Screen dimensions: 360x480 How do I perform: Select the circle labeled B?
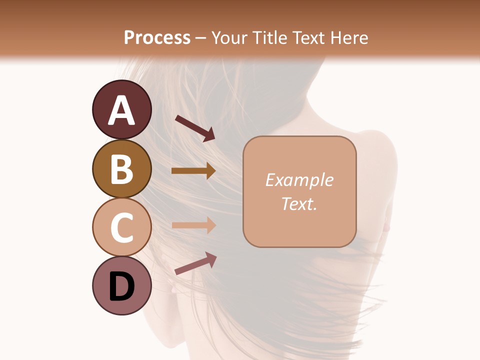point(121,168)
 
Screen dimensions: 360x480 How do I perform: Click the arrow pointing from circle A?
point(195,128)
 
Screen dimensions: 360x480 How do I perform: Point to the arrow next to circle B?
point(193,171)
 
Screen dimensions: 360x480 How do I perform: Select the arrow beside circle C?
point(193,225)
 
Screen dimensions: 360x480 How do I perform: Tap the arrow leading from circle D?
point(195,263)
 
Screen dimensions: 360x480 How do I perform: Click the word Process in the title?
point(157,37)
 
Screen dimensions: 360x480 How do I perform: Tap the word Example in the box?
point(299,180)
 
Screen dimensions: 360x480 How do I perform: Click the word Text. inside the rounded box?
point(299,203)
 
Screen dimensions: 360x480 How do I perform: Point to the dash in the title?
point(201,38)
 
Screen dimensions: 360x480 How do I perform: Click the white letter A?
point(121,111)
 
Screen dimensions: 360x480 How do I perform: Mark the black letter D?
point(121,286)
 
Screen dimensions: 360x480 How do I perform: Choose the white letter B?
point(121,169)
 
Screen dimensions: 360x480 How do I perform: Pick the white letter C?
point(121,228)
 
